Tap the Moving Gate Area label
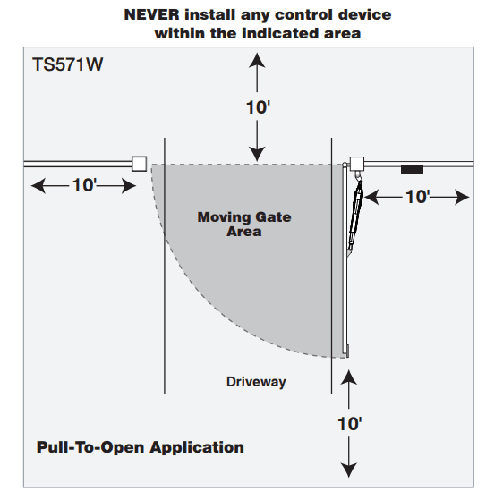pos(243,224)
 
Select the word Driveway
pos(256,382)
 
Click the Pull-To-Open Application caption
pos(141,446)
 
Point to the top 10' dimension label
pos(258,106)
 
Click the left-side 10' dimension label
pos(84,185)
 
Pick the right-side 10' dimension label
pos(418,197)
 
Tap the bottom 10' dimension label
pos(349,424)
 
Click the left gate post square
pos(139,164)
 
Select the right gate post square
pos(357,163)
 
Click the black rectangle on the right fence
pos(412,169)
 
